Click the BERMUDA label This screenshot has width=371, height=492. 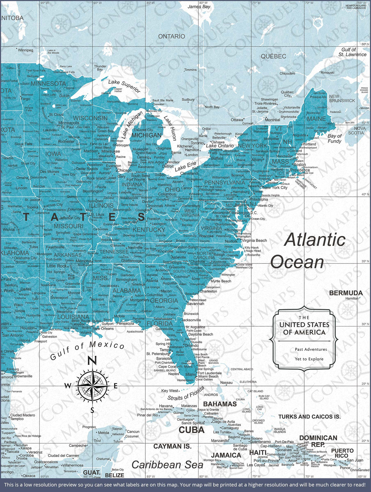pos(346,293)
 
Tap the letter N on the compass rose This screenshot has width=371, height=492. pos(92,361)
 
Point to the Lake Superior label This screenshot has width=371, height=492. pos(124,86)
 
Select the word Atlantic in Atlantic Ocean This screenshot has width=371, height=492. pos(315,240)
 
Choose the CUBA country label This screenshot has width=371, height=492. pos(192,430)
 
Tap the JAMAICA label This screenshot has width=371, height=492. pos(226,455)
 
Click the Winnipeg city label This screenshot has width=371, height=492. pos(25,50)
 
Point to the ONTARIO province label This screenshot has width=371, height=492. pos(172,36)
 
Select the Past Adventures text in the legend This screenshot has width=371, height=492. pos(311,349)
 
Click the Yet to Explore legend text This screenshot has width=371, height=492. pos(309,359)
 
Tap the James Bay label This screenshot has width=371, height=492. pos(199,6)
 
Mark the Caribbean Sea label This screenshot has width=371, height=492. pos(167,465)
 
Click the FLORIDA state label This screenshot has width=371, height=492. pos(160,323)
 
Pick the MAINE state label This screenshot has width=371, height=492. pos(316,119)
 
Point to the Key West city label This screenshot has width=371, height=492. pos(170,391)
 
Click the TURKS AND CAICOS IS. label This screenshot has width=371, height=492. pos(309,417)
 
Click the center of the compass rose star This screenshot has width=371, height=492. pos(92,385)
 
